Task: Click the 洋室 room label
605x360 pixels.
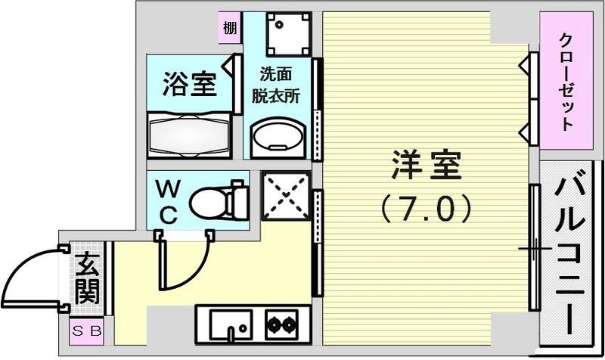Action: (x=427, y=166)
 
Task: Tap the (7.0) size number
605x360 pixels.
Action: (x=427, y=206)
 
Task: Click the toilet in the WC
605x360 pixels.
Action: (x=219, y=201)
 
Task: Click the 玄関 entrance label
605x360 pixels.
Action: (x=88, y=278)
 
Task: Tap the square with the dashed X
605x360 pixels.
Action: (x=285, y=195)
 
